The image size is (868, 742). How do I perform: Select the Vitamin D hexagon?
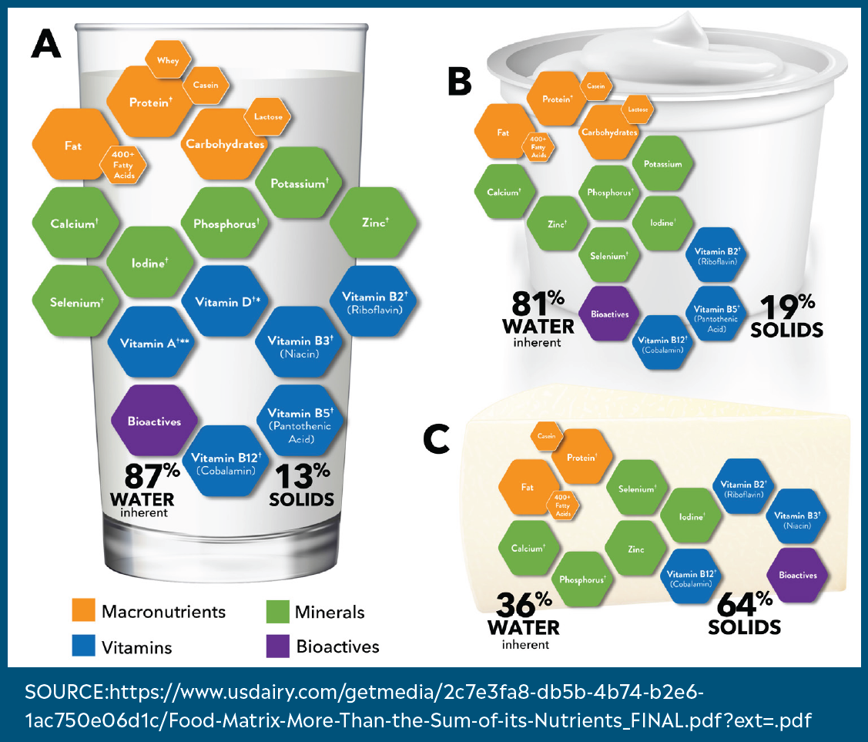pos(226,301)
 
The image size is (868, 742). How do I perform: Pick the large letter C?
pos(437,441)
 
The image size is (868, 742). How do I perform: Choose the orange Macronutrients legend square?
pos(83,610)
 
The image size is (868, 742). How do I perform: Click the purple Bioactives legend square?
pos(277,646)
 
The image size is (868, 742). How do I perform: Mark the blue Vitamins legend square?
pos(83,646)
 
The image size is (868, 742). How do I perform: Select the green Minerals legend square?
pos(277,610)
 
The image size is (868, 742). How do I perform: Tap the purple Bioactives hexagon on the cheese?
pos(797,575)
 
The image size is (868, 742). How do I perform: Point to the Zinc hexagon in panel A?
pos(374,222)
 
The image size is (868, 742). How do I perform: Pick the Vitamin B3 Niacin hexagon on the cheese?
pos(797,519)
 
